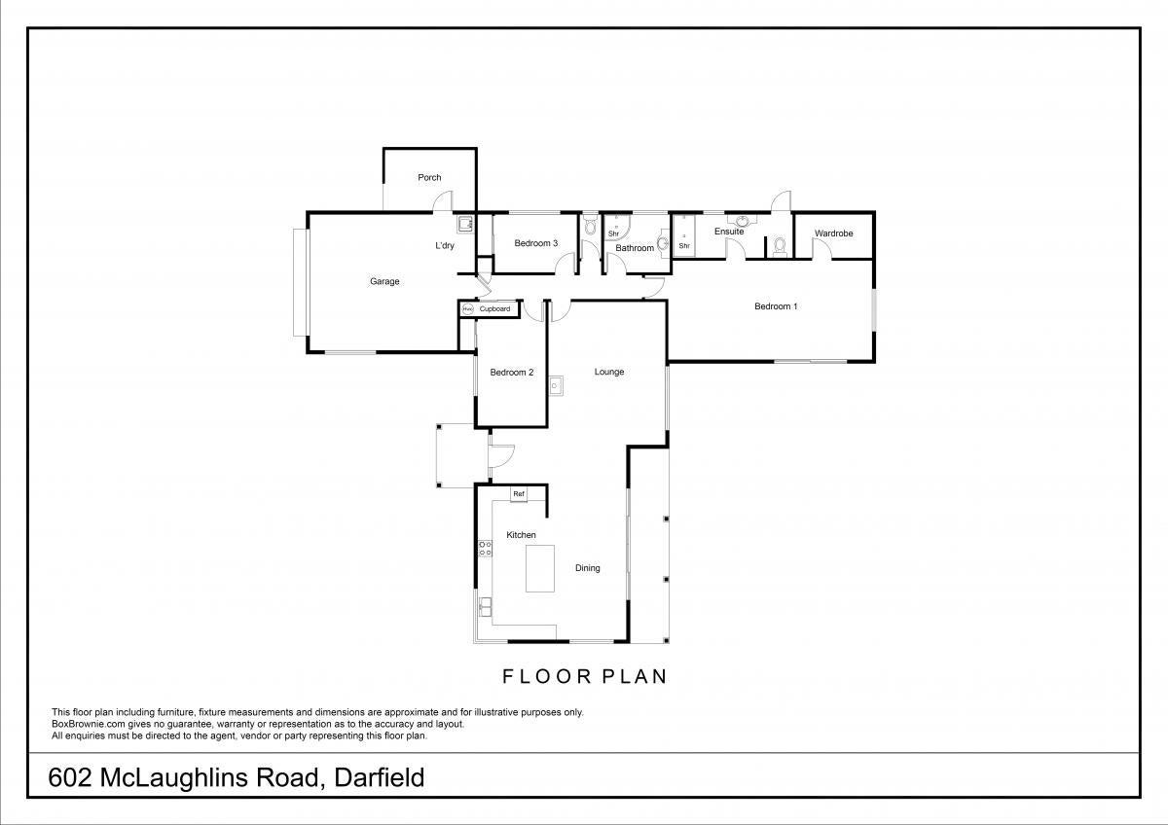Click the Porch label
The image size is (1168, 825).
429,178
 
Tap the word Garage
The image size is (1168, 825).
384,281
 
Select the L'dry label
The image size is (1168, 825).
445,245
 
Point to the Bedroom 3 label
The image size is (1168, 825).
536,243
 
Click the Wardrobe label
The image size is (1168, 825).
834,233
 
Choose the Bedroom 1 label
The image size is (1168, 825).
776,306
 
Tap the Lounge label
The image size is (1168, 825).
609,372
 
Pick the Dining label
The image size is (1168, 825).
588,568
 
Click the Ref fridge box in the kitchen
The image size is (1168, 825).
519,494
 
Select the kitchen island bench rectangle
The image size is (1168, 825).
539,568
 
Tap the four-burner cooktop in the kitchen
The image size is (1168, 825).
485,549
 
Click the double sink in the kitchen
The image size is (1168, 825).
486,608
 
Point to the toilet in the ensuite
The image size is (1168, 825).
780,245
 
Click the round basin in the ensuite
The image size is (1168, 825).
743,220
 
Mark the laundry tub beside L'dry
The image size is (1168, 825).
465,225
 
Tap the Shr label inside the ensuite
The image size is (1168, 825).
684,246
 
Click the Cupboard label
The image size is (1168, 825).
494,309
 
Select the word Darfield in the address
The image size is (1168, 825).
379,778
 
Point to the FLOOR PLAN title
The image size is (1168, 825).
585,676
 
